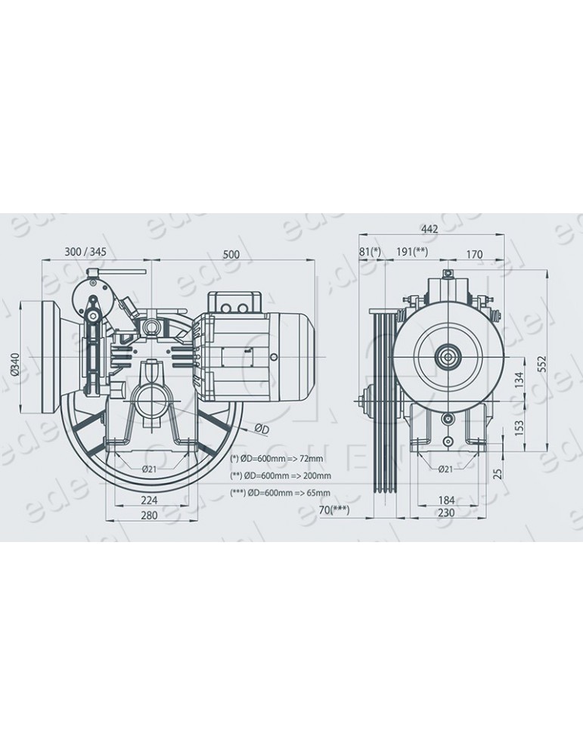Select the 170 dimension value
[473, 255]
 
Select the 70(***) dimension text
[333, 511]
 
